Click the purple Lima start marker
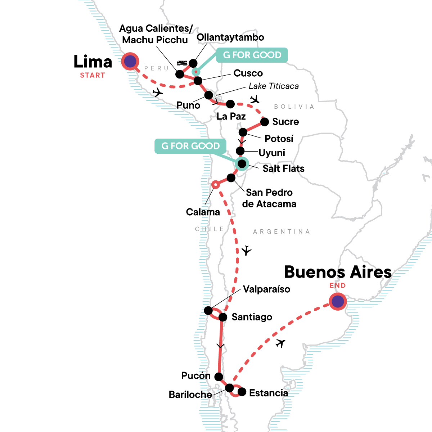pos(130,62)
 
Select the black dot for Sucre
pos(265,122)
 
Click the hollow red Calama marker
pos(215,185)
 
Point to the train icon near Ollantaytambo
pos(181,63)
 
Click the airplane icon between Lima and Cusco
pos(157,93)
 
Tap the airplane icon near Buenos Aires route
pos(280,343)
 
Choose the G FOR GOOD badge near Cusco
pos(252,55)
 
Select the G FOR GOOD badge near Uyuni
pos(190,146)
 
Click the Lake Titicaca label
pos(274,86)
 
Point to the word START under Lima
pos(93,75)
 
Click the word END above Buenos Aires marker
pos(337,285)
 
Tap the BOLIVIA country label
pos(294,107)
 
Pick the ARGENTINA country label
pos(281,231)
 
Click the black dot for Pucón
pos(219,377)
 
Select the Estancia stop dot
pos(242,392)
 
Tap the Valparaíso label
pos(266,289)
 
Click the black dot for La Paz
pos(230,104)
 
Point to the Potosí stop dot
pos(243,132)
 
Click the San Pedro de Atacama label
pos(269,198)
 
